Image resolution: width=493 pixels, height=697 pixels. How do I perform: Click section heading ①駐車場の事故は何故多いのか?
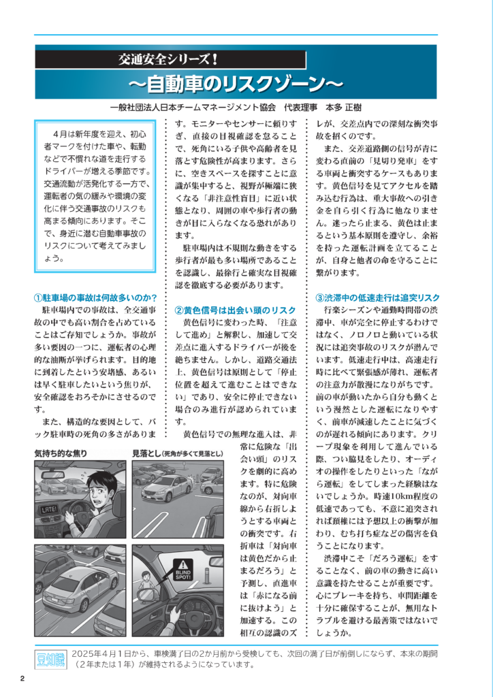96,297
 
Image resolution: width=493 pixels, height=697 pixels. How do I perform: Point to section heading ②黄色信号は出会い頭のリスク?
235,310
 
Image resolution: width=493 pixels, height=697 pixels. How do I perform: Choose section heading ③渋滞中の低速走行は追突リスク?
377,297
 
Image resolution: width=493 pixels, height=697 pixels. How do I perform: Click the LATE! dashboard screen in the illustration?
50,508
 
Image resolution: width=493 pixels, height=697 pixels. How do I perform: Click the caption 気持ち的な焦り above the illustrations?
61,453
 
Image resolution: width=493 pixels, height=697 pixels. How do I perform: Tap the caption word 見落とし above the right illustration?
146,453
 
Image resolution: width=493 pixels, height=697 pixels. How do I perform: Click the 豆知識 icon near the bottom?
50,658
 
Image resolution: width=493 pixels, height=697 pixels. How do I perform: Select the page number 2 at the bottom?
22,678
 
